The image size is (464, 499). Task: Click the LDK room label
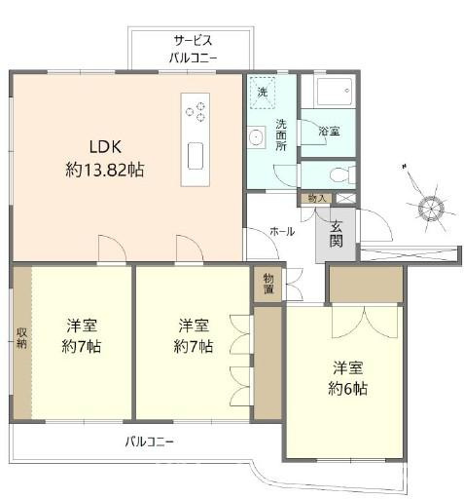coord(104,148)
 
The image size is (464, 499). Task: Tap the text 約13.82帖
coord(104,170)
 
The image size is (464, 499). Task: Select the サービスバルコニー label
coord(193,49)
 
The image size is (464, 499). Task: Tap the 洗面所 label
coord(281,135)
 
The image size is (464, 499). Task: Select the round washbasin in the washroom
coord(257,137)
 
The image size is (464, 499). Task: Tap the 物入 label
coord(317,199)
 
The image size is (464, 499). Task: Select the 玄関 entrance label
coord(336,234)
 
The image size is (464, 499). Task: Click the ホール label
coord(282,232)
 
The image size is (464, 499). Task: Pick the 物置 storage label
coord(268,284)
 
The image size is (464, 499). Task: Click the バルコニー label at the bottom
coord(149,441)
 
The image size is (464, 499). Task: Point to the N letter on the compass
coord(403,168)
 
